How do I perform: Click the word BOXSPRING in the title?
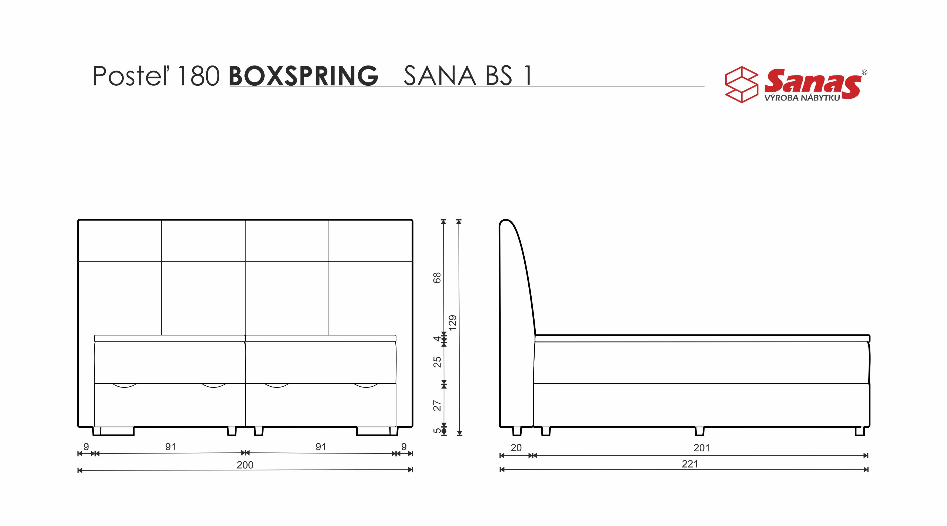pos(304,76)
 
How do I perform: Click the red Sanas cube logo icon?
pos(741,85)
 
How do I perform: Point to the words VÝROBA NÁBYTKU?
pos(802,98)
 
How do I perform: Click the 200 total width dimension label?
pos(245,465)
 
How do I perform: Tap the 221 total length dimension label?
pos(690,464)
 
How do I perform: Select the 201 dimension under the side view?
pos(702,448)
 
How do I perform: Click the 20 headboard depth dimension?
pos(516,448)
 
